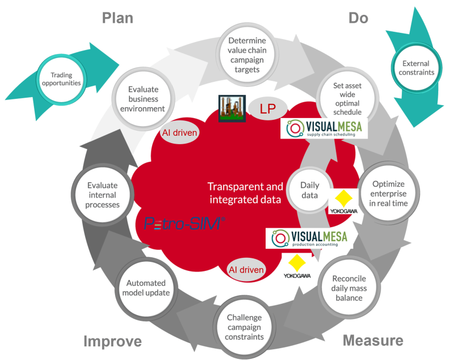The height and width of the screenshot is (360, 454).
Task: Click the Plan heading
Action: (117, 18)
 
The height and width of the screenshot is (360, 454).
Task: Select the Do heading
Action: (358, 18)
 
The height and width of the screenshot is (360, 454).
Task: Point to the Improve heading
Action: (112, 341)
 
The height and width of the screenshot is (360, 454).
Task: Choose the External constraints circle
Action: (415, 68)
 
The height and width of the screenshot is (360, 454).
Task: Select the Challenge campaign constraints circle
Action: (245, 328)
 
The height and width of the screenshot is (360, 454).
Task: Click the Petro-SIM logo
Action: (185, 224)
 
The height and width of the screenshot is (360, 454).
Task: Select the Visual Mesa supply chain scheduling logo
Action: (324, 129)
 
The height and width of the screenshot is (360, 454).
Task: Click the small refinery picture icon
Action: (232, 108)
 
